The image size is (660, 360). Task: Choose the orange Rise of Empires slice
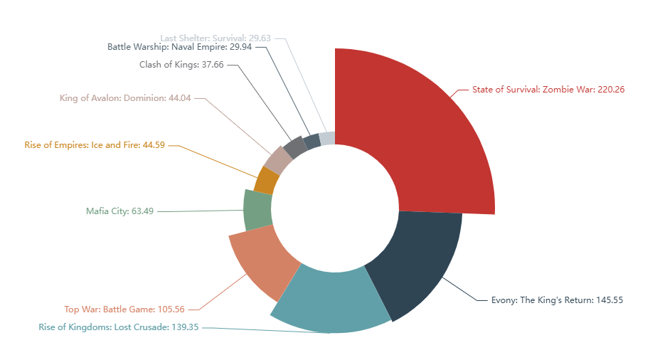[266, 180]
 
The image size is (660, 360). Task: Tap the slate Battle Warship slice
[312, 141]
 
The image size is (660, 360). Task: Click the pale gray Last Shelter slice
[326, 138]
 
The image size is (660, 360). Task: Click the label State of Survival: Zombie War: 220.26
[548, 90]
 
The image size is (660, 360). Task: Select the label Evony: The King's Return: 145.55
[557, 300]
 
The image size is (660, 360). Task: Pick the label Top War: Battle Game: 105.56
[124, 309]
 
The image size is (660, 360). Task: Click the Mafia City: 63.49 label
[119, 211]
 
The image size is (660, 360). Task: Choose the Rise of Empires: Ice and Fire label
[95, 145]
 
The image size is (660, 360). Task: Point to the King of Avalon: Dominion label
[125, 98]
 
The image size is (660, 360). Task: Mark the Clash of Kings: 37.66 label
[181, 64]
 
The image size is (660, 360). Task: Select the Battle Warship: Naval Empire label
[177, 47]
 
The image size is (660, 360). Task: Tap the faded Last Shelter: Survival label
[213, 38]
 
